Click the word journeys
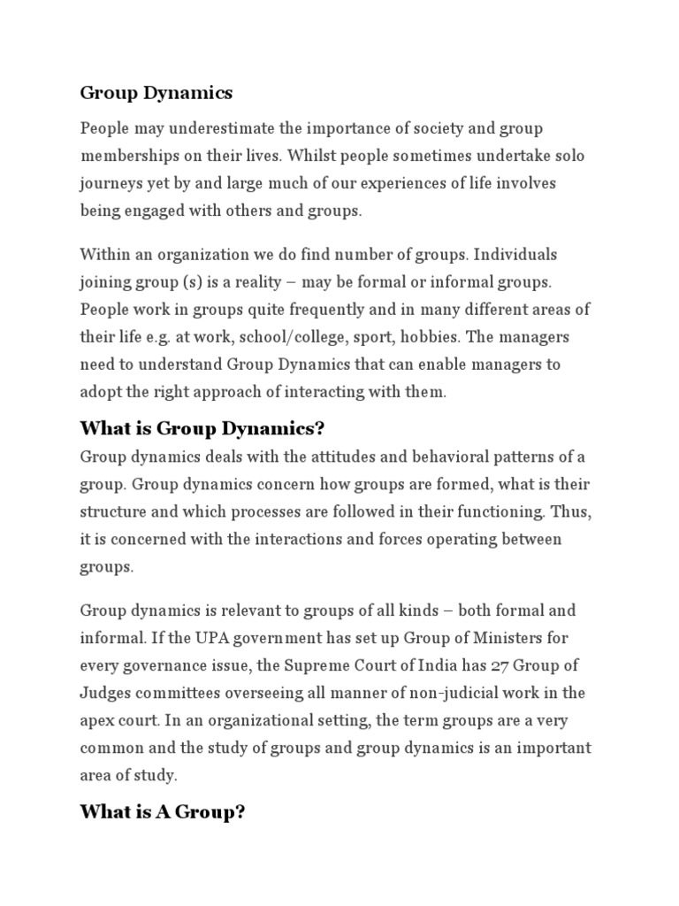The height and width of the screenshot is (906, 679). (109, 182)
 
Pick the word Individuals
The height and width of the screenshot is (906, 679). (515, 255)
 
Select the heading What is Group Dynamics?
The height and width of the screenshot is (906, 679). (203, 429)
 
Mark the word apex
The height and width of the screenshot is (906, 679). (96, 720)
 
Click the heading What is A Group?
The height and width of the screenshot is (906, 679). (162, 812)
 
